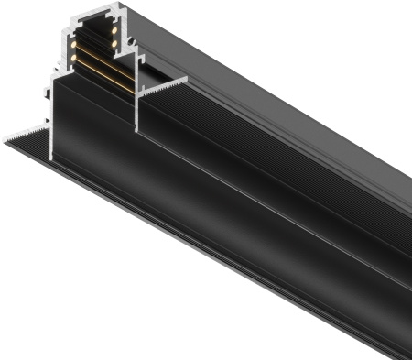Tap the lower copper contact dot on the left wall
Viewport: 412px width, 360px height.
[x=71, y=57]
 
